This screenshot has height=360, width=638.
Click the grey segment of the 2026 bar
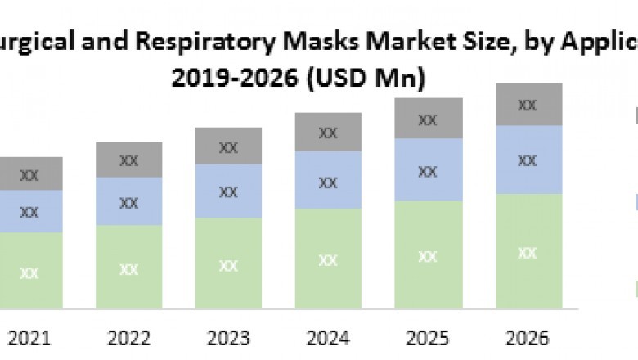point(528,104)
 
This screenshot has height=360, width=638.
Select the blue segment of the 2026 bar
point(528,160)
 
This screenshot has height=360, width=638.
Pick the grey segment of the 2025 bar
point(428,119)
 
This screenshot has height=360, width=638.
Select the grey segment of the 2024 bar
point(328,132)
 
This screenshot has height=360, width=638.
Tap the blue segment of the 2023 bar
point(228,191)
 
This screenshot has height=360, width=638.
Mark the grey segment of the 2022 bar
point(128,160)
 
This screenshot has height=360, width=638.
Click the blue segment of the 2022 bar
point(128,201)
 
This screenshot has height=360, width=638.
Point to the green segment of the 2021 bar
point(29,271)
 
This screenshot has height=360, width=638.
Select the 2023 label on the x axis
point(228,338)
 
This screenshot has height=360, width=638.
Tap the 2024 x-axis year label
point(328,338)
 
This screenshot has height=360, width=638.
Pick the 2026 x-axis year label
point(528,338)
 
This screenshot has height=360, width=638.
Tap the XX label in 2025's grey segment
point(428,119)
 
